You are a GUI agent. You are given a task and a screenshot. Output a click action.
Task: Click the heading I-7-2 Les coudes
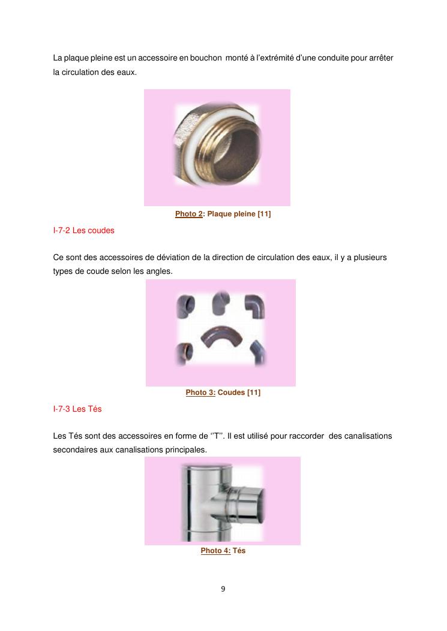coord(84,231)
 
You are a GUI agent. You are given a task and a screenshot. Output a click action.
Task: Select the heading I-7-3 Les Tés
coord(77,409)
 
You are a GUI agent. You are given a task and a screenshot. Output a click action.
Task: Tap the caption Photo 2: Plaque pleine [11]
coord(223,214)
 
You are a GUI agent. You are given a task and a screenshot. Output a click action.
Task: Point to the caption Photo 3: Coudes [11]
coord(223,393)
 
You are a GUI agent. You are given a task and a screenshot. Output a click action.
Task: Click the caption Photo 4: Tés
coord(223,551)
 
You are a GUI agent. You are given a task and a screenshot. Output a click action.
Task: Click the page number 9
coord(223,589)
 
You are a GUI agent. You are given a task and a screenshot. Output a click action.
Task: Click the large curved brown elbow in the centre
coord(221,337)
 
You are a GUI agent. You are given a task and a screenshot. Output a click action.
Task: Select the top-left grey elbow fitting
coord(185,306)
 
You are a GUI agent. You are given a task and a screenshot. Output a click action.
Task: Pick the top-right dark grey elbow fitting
coord(255,305)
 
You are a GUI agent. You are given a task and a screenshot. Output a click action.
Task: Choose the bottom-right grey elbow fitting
coord(259,352)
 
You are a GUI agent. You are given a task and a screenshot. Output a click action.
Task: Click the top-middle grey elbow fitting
coord(221,302)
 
